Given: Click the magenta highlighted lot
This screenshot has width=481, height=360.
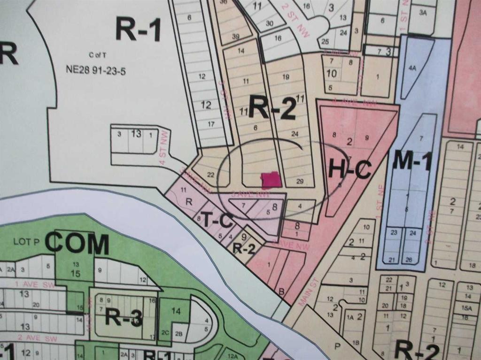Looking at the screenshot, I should pos(271,180).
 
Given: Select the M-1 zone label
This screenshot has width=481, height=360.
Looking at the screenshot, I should pos(412,162).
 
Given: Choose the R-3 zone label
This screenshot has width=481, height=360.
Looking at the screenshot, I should pos(123,318).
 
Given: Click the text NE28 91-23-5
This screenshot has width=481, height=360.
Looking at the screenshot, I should pos(96,71).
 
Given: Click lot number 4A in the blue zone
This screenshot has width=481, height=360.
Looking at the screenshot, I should pos(412,68).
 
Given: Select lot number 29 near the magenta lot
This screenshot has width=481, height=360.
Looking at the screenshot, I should pos(300,181).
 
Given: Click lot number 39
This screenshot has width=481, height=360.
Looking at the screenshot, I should pos(235,37).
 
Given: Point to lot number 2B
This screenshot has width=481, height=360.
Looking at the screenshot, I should pos(178,334).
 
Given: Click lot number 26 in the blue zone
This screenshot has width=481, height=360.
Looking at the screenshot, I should pos(409,260).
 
